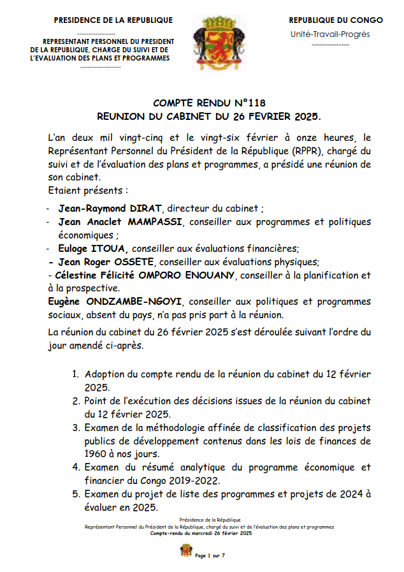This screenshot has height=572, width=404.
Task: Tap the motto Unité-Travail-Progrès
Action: (x=329, y=34)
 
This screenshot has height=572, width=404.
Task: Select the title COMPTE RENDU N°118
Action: (x=209, y=103)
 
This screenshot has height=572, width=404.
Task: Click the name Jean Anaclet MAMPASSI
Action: (x=120, y=222)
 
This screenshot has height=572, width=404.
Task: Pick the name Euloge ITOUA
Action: (x=93, y=248)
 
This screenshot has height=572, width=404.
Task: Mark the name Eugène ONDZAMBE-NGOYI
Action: (x=116, y=302)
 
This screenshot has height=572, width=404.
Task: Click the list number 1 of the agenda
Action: (x=75, y=374)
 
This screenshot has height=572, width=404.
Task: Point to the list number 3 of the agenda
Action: (x=75, y=427)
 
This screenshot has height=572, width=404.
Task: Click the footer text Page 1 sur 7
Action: (x=210, y=556)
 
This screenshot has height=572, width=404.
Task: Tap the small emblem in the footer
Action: (x=186, y=550)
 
